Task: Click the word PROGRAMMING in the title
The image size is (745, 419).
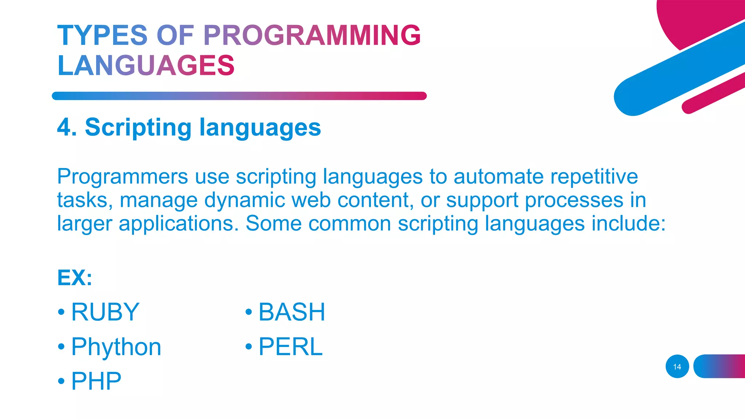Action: click(x=312, y=35)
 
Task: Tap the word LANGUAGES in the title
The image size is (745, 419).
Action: click(x=146, y=65)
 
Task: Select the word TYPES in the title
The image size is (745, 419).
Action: click(x=102, y=35)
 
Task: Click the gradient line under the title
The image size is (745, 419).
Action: click(x=239, y=96)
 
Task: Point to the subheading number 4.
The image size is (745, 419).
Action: click(x=67, y=128)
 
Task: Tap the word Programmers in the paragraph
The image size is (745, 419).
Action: click(x=123, y=177)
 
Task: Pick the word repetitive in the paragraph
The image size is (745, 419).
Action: click(x=594, y=177)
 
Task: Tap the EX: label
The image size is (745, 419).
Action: click(x=75, y=278)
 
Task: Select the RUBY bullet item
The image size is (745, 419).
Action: click(x=105, y=312)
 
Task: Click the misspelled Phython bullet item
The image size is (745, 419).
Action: click(x=116, y=347)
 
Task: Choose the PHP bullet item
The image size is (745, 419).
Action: click(x=96, y=381)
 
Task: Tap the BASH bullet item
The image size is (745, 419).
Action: click(x=291, y=312)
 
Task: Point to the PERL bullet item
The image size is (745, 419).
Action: click(x=290, y=347)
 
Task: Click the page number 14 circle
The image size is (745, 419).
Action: click(x=677, y=367)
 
